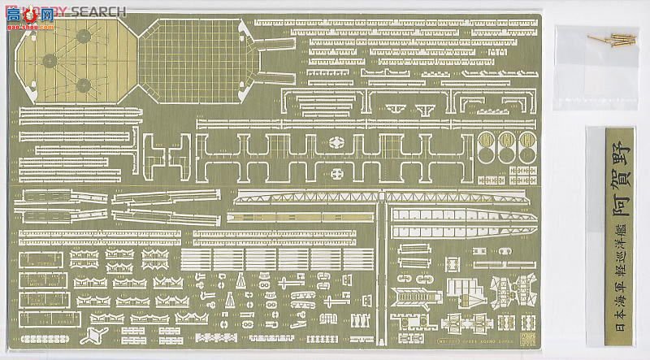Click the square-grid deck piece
point(196,58)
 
